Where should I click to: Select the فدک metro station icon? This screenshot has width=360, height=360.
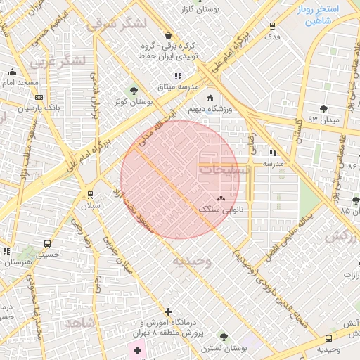click(273, 26)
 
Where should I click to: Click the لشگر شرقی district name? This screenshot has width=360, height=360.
click(117, 23)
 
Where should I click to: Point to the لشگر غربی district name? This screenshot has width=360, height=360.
click(58, 61)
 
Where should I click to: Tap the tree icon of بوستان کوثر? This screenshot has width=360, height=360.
click(134, 90)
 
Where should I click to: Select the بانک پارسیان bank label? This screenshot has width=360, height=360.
click(20, 110)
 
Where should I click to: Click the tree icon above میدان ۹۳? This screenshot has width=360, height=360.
click(323, 109)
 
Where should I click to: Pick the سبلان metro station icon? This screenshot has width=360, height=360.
click(90, 195)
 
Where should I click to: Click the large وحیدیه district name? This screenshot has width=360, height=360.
click(191, 262)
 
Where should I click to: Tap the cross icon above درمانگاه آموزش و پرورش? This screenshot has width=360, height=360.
click(167, 311)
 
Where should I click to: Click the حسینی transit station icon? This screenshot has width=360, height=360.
click(47, 243)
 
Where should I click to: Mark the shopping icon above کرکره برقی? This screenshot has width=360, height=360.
click(167, 35)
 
